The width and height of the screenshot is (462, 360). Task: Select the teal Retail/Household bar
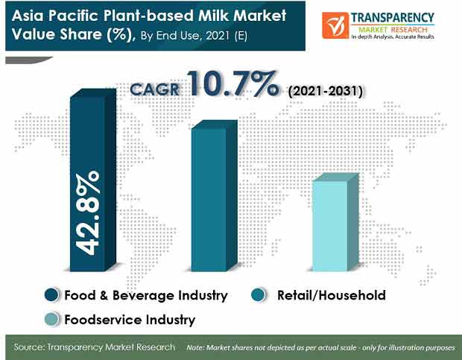215,195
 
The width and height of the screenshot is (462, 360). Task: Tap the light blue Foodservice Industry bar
335,222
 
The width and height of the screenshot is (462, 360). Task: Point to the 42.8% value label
87,213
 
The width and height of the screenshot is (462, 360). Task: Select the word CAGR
155,89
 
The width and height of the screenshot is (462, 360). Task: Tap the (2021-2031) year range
326,91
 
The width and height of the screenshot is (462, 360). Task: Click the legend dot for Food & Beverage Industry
51,295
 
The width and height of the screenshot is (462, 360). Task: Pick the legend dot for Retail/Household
259,295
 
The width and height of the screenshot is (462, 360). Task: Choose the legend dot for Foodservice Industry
51,319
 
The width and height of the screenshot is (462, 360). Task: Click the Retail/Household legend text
332,295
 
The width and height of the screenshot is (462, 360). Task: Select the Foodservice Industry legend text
130,320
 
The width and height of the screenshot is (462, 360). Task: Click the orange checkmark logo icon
335,25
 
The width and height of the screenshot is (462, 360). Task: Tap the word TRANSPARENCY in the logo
393,18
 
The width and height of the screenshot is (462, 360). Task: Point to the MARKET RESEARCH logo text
393,30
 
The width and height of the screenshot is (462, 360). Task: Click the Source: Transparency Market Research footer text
95,347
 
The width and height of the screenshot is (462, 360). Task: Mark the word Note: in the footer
195,347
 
